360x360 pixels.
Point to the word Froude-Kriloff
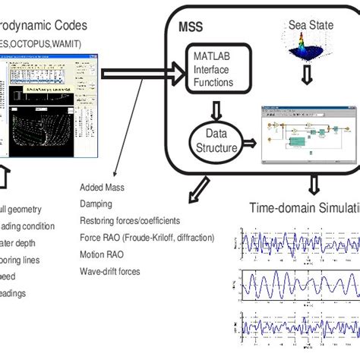[153, 237]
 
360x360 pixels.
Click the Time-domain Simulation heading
[304, 207]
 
